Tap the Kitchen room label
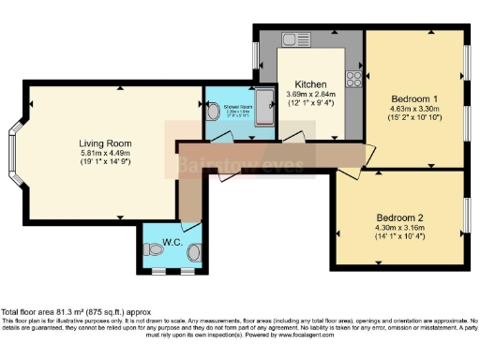[x=309, y=82]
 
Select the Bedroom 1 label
[x=412, y=98]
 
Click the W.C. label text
[x=172, y=242]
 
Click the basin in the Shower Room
[x=214, y=112]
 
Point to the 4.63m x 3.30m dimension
[x=412, y=109]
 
